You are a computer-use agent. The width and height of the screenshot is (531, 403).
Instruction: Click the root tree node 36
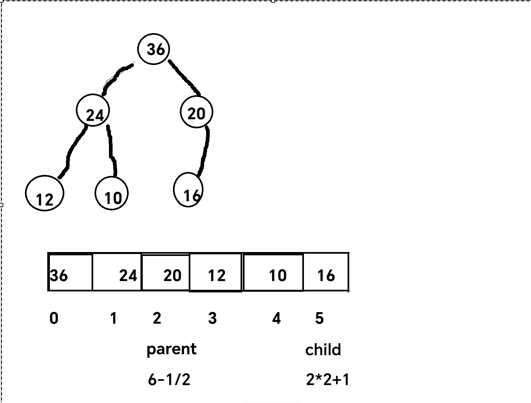(154, 49)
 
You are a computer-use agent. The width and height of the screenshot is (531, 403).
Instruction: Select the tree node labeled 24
(93, 111)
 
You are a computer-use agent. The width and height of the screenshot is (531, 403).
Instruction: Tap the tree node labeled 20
(196, 112)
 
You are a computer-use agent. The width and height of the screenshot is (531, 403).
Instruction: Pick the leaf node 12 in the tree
(44, 193)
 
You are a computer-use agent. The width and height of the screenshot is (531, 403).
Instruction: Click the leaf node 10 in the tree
(111, 193)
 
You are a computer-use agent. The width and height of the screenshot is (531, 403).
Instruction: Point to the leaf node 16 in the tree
(188, 190)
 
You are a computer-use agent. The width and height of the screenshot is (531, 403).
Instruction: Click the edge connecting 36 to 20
(184, 77)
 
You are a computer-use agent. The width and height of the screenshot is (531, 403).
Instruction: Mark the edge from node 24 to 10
(111, 150)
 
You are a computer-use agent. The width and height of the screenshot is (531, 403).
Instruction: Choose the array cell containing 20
(166, 272)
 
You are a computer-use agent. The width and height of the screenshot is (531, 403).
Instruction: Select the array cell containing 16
(326, 272)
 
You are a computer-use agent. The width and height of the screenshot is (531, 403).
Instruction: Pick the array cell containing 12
(216, 272)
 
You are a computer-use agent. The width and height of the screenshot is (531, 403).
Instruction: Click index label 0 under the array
(54, 318)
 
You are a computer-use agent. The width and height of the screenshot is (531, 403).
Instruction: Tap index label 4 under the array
(276, 318)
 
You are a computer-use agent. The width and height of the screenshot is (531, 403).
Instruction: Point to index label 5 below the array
(319, 318)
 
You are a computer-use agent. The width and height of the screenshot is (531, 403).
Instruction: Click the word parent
(171, 349)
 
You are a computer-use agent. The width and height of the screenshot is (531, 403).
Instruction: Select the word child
(323, 350)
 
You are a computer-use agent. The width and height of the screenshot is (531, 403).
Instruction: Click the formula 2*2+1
(328, 380)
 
